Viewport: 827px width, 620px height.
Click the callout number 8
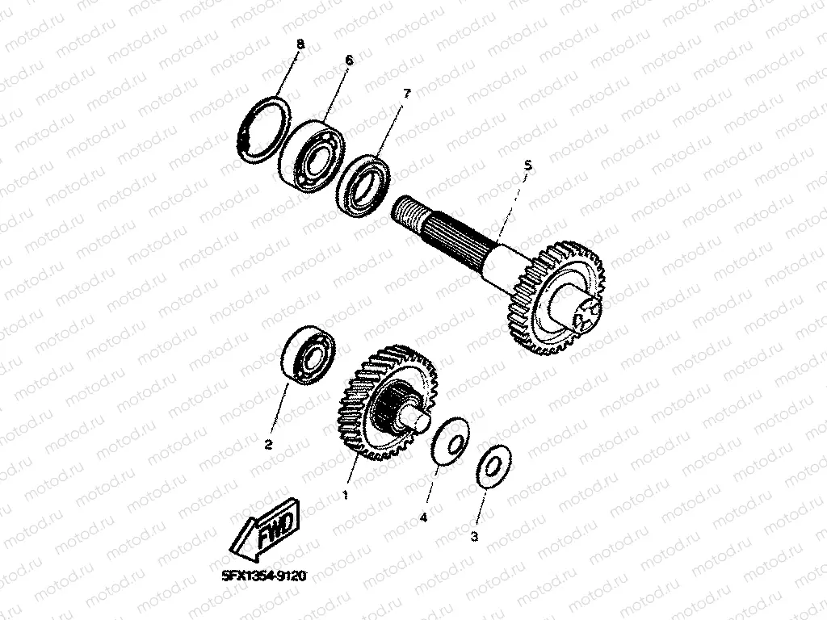[300, 44]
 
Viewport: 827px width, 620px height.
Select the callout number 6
[349, 61]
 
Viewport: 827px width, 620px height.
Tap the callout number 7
[406, 94]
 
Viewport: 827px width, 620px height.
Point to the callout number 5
[527, 165]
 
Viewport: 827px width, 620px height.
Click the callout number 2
[268, 445]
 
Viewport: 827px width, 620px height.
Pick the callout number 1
[346, 495]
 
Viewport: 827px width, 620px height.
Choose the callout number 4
[423, 518]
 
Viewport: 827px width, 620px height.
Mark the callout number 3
[474, 537]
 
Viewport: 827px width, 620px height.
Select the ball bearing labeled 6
[311, 156]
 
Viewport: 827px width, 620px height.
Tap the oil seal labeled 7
[363, 182]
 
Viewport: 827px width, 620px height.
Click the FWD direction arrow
[265, 530]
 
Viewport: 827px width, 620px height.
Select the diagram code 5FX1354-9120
[264, 576]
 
